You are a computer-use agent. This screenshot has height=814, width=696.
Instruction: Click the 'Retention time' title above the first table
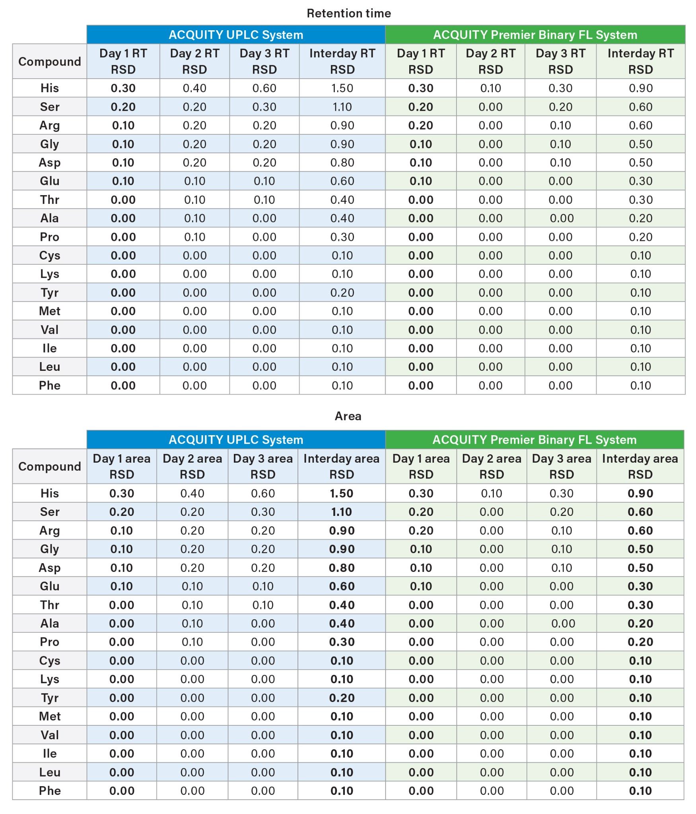348,14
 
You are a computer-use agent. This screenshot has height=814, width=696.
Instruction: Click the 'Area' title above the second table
348,416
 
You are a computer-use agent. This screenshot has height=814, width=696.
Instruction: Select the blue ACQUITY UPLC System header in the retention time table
236,35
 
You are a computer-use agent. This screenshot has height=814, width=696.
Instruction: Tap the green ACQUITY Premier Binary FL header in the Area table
534,440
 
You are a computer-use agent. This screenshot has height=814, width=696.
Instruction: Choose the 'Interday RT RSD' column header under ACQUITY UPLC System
342,61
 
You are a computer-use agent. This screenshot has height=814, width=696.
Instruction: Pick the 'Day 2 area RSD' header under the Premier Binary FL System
492,466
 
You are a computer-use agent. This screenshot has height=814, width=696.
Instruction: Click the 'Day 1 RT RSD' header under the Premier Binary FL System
421,61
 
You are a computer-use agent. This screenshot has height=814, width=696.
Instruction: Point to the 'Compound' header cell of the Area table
50,466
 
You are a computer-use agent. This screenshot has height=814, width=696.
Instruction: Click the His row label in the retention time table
50,88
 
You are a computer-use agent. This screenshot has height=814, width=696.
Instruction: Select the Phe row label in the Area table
50,791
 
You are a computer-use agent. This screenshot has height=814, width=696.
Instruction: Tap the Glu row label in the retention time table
50,181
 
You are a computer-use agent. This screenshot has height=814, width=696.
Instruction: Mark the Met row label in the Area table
50,716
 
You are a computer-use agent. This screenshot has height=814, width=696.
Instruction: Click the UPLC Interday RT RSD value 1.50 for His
342,88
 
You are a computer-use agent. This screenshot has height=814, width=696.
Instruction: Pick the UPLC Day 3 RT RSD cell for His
264,88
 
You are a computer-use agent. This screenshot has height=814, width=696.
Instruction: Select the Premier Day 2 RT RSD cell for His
491,88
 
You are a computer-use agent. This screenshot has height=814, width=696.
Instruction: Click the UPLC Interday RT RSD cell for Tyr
342,293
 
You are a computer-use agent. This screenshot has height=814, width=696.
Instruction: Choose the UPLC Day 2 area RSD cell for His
192,493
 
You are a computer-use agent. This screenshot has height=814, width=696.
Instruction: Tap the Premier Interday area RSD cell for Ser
640,512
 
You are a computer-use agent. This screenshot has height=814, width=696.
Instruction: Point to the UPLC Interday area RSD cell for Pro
342,642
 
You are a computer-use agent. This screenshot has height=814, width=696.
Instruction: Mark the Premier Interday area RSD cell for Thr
640,605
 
